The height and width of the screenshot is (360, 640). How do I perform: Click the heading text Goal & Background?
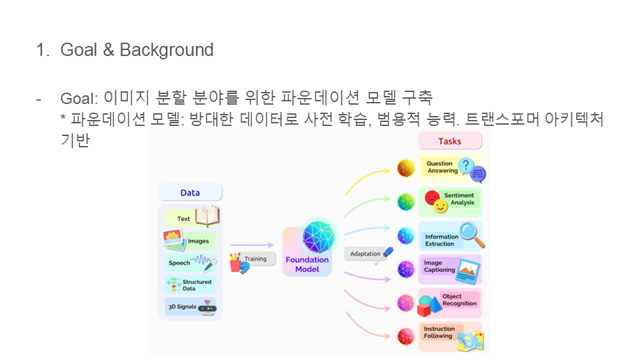137,50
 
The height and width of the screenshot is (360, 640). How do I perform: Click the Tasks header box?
449,141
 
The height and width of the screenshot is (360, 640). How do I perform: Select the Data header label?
190,193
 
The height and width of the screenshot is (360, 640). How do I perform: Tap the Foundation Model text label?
307,265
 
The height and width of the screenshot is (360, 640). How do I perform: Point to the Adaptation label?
365,254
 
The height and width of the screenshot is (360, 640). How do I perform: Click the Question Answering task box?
450,168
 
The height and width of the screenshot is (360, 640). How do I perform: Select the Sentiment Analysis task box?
450,200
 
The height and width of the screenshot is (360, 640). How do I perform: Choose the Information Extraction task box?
450,237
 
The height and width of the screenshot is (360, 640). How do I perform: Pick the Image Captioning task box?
450,268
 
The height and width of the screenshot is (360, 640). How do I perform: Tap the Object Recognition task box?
450,301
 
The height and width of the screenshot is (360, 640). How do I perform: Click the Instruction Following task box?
450,334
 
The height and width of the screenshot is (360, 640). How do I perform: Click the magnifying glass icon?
472,234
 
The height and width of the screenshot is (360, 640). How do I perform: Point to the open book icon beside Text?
207,216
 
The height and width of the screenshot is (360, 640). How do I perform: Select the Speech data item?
190,263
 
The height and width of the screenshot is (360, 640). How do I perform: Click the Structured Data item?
190,285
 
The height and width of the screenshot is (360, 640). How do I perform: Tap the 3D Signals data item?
190,307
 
